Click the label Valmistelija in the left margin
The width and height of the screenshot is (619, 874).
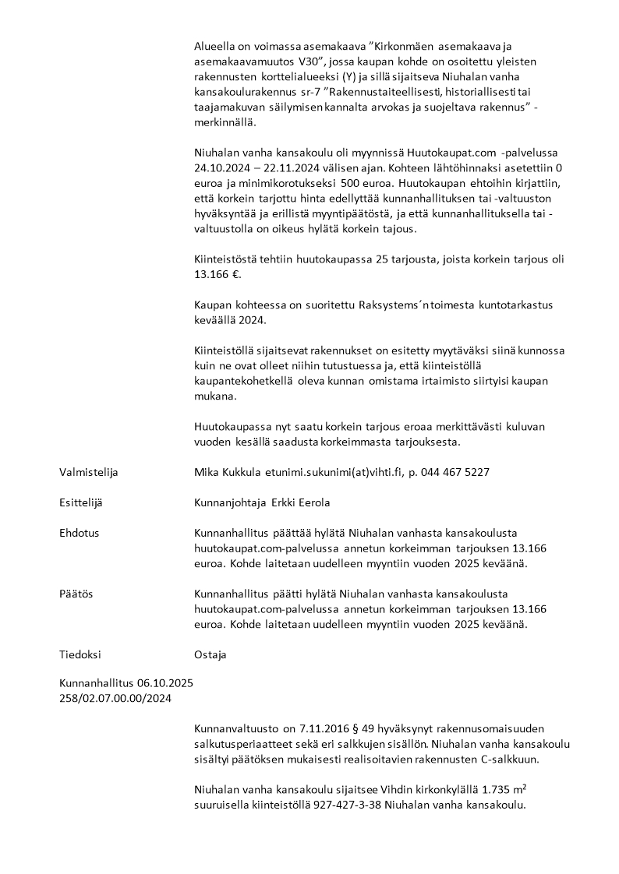click(x=89, y=472)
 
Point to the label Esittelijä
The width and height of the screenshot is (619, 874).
click(x=81, y=503)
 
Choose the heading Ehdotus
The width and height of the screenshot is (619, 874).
click(x=80, y=534)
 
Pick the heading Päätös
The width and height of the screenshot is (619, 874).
click(x=76, y=594)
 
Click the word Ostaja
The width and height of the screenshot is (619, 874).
click(x=210, y=655)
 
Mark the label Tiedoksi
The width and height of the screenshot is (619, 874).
click(x=80, y=655)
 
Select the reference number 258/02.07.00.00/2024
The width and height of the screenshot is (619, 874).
click(x=115, y=698)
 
